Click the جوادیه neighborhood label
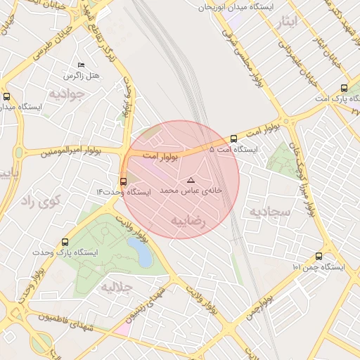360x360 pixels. [x=67, y=94]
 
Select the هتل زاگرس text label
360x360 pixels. [x=82, y=75]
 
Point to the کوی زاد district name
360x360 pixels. [x=40, y=201]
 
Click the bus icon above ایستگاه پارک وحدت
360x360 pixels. [x=65, y=241]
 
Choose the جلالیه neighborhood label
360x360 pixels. [x=117, y=287]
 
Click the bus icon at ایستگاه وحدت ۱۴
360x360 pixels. [x=124, y=182]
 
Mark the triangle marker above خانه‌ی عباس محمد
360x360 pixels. [x=191, y=181]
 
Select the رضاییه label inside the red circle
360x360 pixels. [x=188, y=221]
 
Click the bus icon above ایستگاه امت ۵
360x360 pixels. [x=233, y=139]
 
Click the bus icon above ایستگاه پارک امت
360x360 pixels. [x=344, y=88]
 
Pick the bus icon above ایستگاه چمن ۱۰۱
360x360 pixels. [x=319, y=257]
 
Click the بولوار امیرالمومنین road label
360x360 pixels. [x=71, y=150]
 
